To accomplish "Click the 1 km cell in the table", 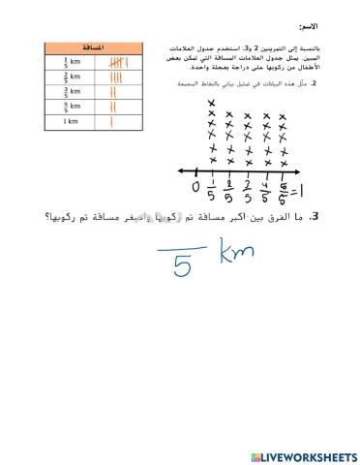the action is (x=71, y=121).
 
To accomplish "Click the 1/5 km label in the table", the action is (x=71, y=61).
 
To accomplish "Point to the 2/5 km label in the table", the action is (x=71, y=77).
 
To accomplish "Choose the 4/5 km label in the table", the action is (x=71, y=106).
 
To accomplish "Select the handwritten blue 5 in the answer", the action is (x=182, y=264).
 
